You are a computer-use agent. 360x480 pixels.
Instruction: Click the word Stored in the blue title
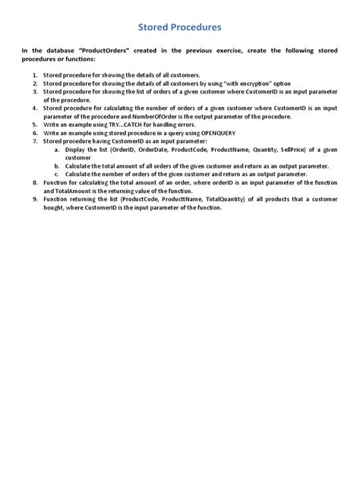coord(154,27)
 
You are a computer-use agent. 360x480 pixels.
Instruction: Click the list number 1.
coord(35,75)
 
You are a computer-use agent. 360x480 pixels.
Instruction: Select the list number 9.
coord(35,199)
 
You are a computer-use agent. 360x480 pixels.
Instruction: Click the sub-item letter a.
coord(57,149)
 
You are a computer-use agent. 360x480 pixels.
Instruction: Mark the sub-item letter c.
coord(57,174)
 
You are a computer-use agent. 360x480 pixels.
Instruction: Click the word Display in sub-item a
coord(77,149)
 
